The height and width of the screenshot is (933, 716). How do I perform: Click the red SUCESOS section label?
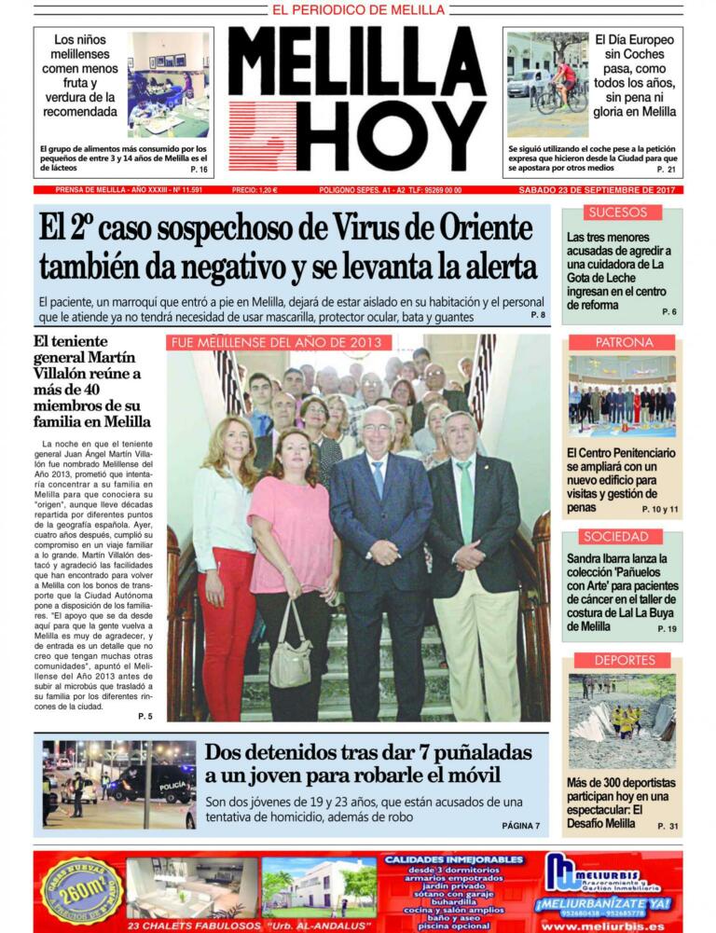[x=617, y=213]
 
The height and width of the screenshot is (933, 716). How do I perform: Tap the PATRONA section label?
[x=624, y=342]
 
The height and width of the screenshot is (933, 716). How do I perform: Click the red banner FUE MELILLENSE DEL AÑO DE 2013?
[x=279, y=342]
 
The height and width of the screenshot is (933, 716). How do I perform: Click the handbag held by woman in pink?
[x=291, y=656]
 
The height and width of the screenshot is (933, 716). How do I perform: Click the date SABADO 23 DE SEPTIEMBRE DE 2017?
[x=599, y=190]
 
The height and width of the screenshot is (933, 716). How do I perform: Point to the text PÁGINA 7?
[x=520, y=826]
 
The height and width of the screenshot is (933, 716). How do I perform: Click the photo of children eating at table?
[x=168, y=85]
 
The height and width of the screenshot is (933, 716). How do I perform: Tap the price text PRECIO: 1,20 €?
[x=254, y=190]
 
